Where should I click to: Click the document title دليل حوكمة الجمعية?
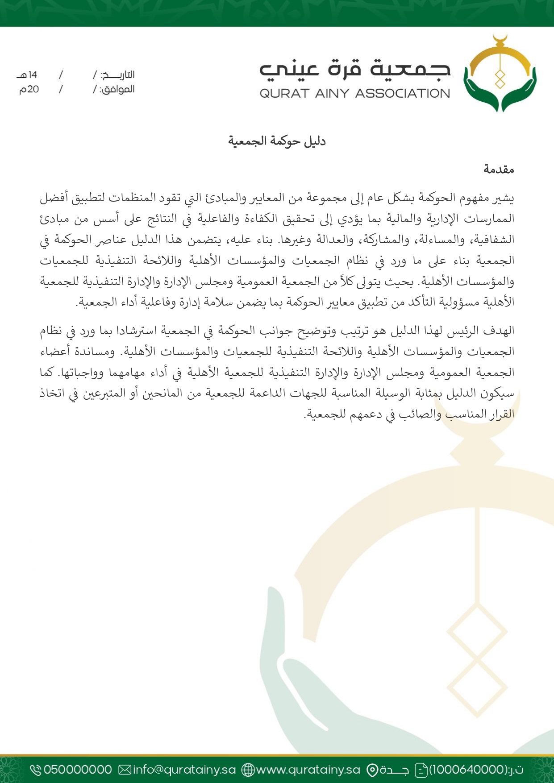(277, 141)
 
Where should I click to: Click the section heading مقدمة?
(499, 170)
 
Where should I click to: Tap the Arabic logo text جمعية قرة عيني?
(355, 69)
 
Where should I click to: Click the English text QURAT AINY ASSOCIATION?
(355, 94)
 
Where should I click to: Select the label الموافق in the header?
(117, 89)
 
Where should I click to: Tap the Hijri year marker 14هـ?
(27, 75)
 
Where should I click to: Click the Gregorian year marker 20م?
(29, 89)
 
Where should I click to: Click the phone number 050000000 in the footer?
(78, 770)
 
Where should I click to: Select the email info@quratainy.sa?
(184, 770)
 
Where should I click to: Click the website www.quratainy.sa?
(308, 770)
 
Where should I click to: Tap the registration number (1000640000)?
(468, 770)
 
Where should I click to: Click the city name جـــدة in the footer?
(395, 770)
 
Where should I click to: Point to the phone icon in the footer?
(35, 770)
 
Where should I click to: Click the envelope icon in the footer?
(125, 770)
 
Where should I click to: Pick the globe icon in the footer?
(248, 770)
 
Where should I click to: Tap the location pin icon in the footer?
(372, 770)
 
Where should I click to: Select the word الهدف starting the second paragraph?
(501, 331)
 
